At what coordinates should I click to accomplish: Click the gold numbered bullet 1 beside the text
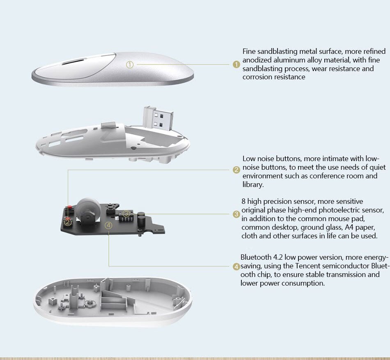236,65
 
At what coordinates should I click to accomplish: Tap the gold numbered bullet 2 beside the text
236,170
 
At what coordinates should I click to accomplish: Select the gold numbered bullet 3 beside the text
236,214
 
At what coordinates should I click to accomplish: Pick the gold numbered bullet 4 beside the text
236,267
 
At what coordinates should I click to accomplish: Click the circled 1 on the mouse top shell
130,65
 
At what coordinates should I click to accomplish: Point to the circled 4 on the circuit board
108,226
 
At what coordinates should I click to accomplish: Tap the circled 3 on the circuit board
126,213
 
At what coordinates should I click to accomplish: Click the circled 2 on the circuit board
68,222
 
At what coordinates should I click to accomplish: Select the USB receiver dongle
158,118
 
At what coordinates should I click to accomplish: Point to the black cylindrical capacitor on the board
141,219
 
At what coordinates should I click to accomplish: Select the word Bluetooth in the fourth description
256,257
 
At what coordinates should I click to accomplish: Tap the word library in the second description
253,185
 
